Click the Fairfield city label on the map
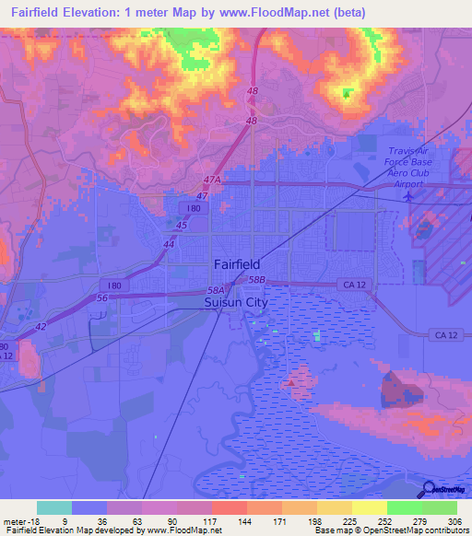[x=236, y=263]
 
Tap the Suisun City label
[x=230, y=301]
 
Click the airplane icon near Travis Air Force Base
[x=410, y=196]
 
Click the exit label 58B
[x=256, y=278]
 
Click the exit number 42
[x=41, y=326]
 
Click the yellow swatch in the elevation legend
[x=369, y=507]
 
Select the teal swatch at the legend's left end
[x=53, y=507]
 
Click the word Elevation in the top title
[x=99, y=13]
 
